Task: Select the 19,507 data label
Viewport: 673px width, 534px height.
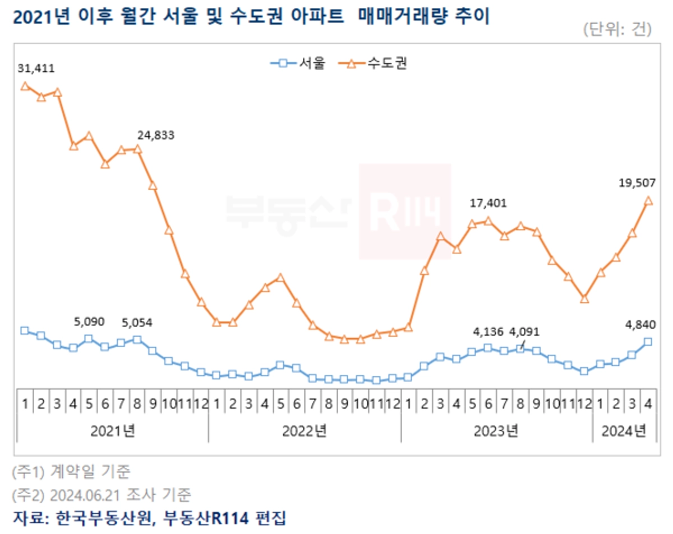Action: coord(637,182)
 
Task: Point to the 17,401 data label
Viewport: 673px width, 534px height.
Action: coord(488,204)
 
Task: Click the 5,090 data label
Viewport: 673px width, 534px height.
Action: coord(89,323)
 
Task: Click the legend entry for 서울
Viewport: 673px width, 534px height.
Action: coord(298,63)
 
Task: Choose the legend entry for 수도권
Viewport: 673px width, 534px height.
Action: coord(372,63)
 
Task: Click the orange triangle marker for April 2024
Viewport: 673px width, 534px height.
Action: coord(648,201)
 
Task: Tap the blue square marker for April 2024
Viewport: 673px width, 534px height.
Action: coord(648,342)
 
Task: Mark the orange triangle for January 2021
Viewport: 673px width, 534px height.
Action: coord(25,86)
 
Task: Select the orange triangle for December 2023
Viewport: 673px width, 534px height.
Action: coord(584,298)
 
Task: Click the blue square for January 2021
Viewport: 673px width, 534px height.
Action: coord(25,330)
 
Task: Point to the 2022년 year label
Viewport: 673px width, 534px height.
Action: coord(305,431)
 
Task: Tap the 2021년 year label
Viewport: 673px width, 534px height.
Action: coord(113,431)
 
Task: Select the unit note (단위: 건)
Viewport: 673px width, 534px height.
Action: coord(617,29)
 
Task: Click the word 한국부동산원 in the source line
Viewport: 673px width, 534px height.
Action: coord(103,518)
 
